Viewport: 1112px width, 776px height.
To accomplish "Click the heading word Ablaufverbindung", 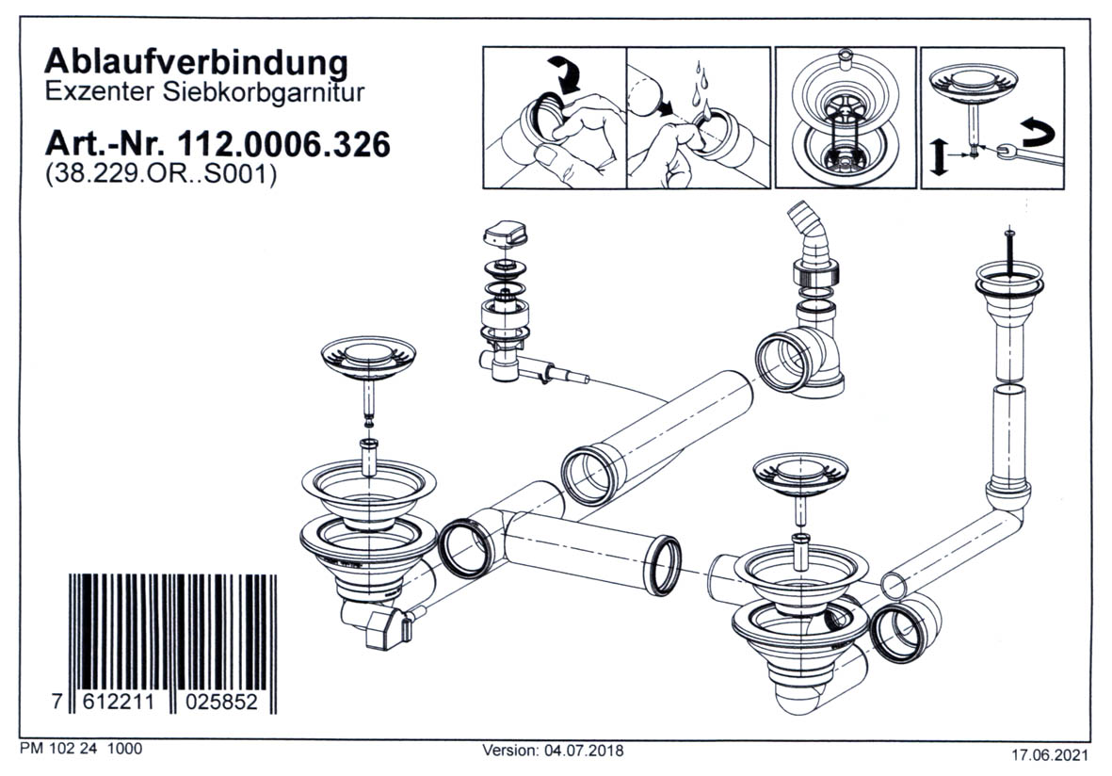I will [197, 63].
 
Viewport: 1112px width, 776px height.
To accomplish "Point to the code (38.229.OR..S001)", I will [160, 175].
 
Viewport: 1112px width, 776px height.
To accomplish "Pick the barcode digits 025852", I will [226, 703].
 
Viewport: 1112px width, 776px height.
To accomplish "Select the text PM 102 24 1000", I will [80, 750].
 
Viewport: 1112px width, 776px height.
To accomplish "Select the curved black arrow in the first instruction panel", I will [567, 74].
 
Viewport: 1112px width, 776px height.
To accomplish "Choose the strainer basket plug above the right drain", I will [800, 471].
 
